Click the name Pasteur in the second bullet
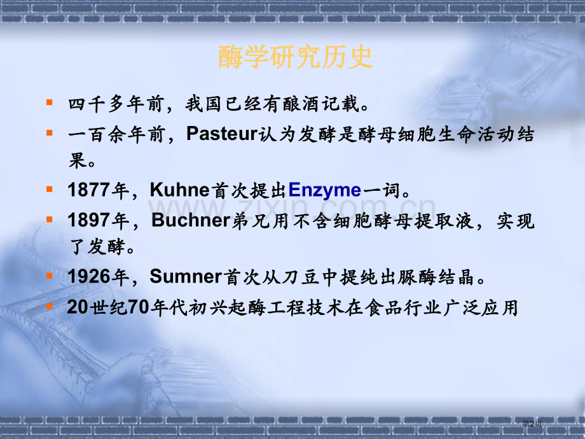pyautogui.click(x=221, y=134)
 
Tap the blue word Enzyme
pyautogui.click(x=324, y=190)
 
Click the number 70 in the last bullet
pyautogui.click(x=137, y=307)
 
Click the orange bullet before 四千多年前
pyautogui.click(x=50, y=102)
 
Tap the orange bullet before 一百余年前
pyautogui.click(x=50, y=133)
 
